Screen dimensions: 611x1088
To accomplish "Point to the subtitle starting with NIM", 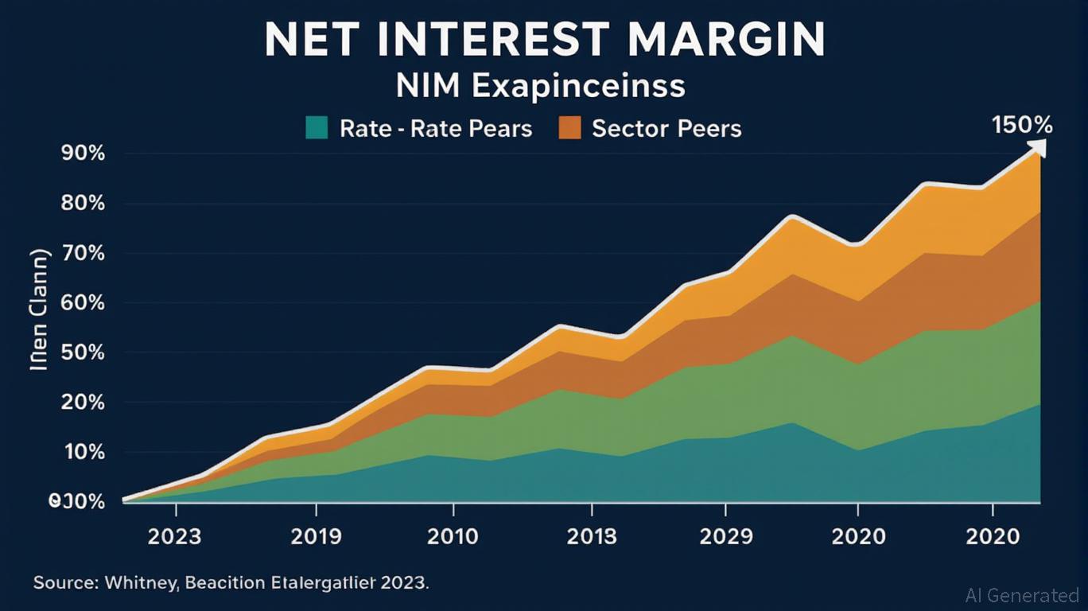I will click(541, 85).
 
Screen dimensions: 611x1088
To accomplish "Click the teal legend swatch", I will click(317, 127).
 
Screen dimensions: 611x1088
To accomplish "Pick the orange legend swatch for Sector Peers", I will click(570, 127).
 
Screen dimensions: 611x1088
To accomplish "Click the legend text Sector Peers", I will click(666, 128).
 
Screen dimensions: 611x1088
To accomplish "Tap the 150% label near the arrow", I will click(1022, 125).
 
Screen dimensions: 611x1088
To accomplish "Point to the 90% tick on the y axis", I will click(83, 154).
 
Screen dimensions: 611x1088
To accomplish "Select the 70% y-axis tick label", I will click(83, 254).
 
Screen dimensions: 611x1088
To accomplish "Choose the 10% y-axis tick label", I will click(83, 452).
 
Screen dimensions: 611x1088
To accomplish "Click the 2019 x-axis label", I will click(317, 536).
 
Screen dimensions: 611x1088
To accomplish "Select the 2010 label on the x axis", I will click(453, 536).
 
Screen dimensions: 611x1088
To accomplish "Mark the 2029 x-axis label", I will click(725, 536).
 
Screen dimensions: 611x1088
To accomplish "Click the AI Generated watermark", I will click(1022, 595).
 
